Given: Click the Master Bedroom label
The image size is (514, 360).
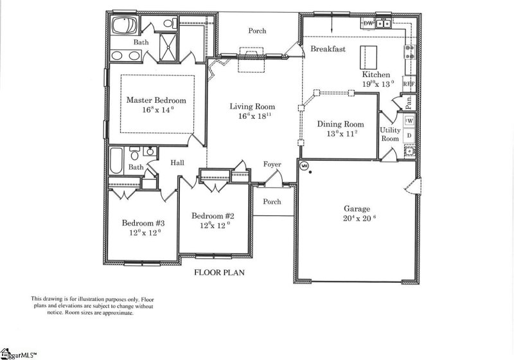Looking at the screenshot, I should point(155,100).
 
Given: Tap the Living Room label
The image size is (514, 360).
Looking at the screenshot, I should point(253,107).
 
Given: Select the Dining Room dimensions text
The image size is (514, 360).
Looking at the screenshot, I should point(341,134).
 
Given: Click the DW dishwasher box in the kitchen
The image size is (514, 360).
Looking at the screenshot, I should point(368,24).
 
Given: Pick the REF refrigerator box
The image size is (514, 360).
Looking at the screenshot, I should point(407,84).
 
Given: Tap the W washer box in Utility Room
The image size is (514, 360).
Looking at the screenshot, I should point(409,120).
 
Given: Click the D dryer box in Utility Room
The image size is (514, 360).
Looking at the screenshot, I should point(409,136).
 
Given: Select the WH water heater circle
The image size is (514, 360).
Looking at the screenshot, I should point(305,165).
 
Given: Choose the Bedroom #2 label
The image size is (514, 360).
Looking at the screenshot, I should point(211,216).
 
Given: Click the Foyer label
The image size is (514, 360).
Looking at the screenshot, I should point(272,165).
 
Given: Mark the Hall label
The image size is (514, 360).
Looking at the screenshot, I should point(177,163).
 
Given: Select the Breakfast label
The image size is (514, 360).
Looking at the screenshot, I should point(328,49).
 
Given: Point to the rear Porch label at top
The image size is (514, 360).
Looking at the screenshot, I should point(257,31).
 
